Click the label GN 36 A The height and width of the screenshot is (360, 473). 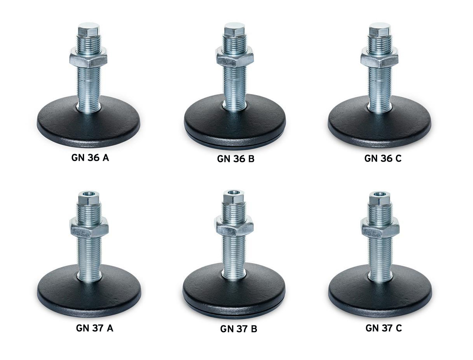point(90,158)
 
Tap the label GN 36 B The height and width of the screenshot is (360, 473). point(236,159)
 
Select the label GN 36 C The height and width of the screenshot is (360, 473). point(383,158)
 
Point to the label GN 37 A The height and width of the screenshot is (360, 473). point(94,328)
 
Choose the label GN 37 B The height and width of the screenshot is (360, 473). point(239,329)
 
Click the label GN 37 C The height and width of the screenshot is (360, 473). point(384,328)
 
